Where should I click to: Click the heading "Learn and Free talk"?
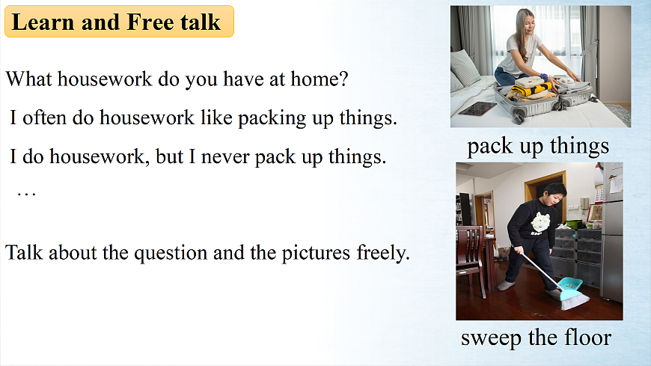tap(116, 22)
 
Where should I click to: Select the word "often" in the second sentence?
tap(44, 118)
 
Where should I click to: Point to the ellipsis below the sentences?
tap(27, 194)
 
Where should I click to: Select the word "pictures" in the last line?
tap(316, 252)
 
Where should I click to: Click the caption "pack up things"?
tap(538, 146)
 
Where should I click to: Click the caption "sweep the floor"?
tap(536, 337)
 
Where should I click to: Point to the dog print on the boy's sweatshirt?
tap(540, 222)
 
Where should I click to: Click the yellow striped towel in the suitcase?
tap(532, 88)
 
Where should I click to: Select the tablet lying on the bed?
tap(477, 109)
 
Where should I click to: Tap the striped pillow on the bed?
tap(465, 69)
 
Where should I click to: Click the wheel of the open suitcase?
tap(518, 118)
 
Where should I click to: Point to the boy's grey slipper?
tap(506, 286)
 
